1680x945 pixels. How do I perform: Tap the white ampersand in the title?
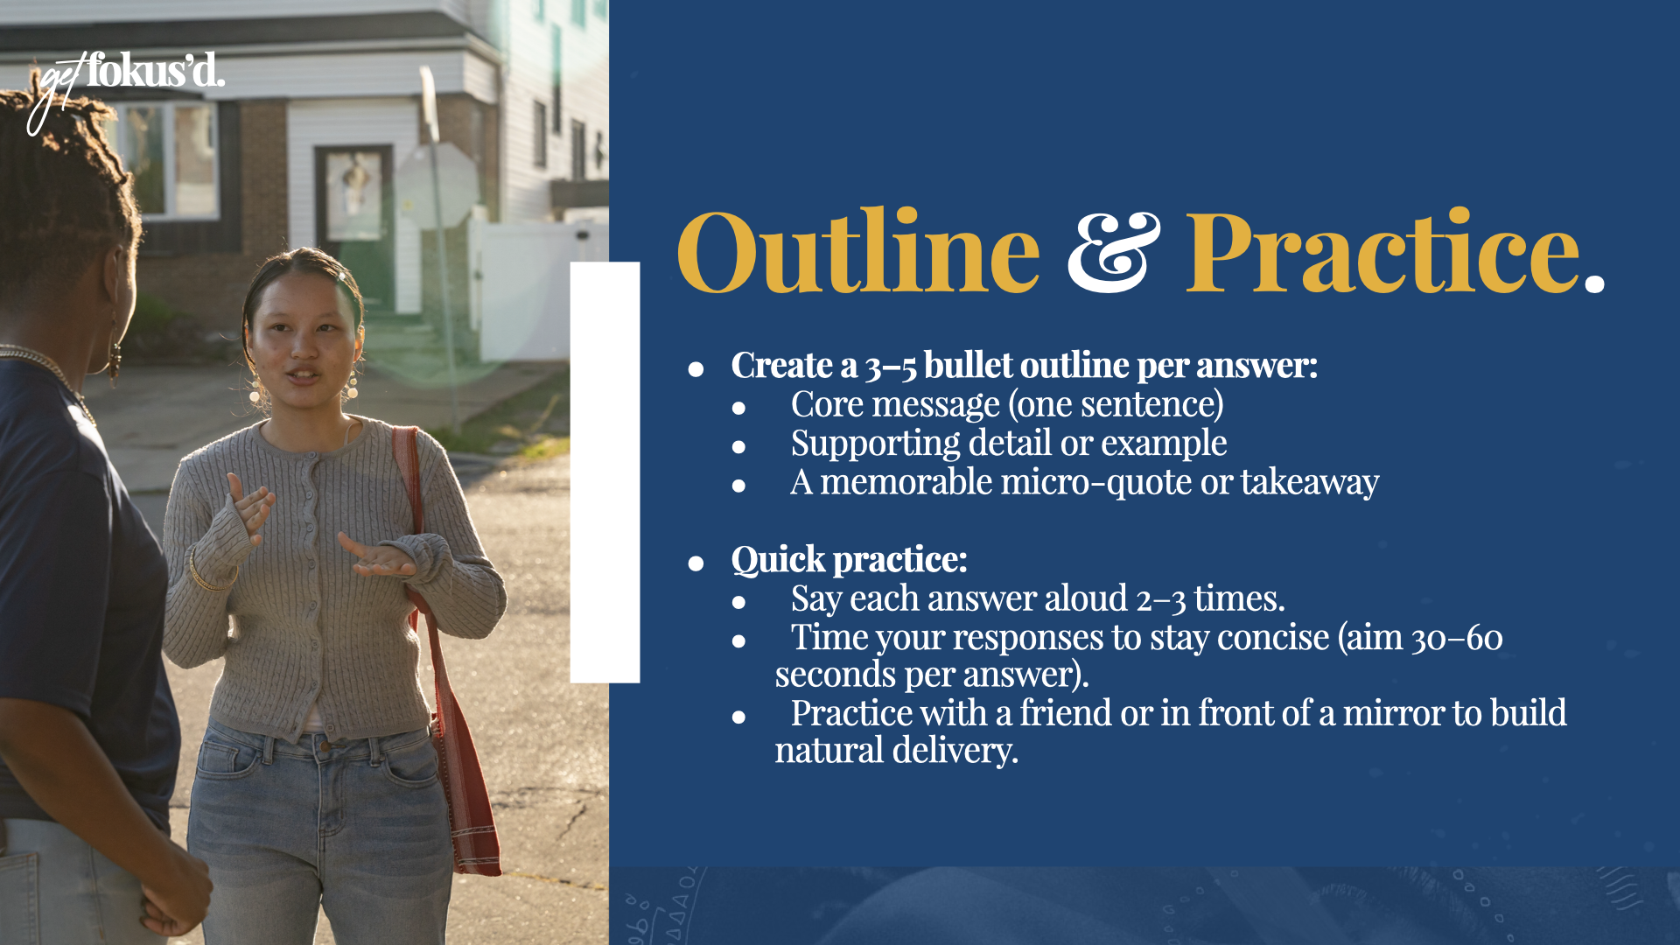pos(1113,253)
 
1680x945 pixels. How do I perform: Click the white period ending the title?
pos(1594,282)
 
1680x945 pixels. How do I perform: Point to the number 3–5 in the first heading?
pos(891,366)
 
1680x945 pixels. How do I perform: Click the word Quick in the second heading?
pos(778,560)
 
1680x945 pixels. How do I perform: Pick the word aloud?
pos(1086,598)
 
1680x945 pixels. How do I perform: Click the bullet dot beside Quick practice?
pos(696,563)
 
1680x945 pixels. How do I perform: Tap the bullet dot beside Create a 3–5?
pos(696,368)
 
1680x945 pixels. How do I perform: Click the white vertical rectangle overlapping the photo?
pos(605,472)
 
